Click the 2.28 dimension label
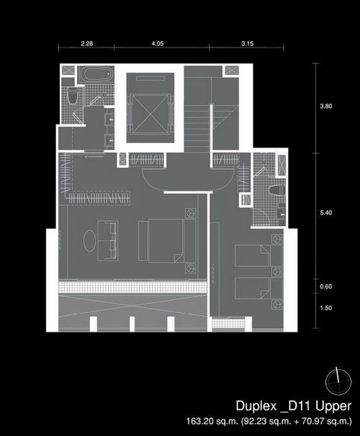tap(87, 44)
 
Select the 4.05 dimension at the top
tap(158, 44)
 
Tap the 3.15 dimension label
tap(248, 44)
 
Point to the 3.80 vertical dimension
tap(325, 106)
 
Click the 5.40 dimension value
tap(325, 213)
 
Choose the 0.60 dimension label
tap(325, 286)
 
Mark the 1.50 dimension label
tap(325, 308)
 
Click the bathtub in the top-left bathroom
tap(96, 74)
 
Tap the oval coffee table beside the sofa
tap(90, 241)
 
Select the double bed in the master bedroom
tap(167, 240)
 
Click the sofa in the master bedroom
tap(108, 241)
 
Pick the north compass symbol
tap(338, 382)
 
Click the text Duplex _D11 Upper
tap(294, 407)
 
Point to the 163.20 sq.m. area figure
tap(212, 421)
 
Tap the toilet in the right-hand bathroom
tap(277, 190)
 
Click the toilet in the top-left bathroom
tap(73, 96)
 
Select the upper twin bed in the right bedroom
tap(258, 255)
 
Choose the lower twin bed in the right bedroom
tap(258, 289)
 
